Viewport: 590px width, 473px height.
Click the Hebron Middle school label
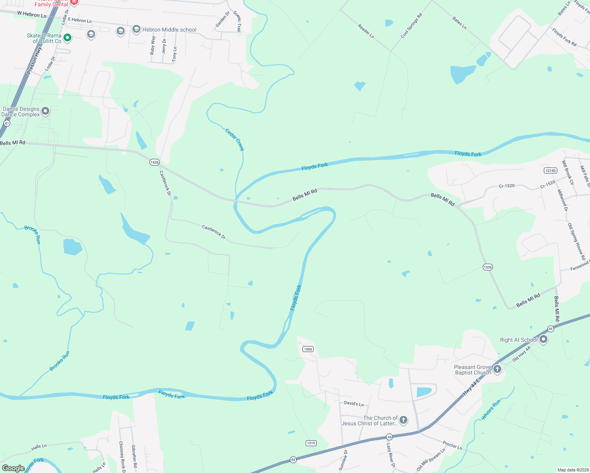coord(169,30)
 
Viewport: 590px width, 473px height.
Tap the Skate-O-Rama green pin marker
coord(67,38)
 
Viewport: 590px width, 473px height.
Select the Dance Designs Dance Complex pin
coord(45,111)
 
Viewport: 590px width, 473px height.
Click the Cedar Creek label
coord(235,140)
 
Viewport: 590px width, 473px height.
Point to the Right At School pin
coord(543,339)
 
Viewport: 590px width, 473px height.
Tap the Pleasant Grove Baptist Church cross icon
coord(497,369)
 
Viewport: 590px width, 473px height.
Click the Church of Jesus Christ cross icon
coord(403,420)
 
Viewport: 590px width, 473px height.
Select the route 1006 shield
coord(308,349)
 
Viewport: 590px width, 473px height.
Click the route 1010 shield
coord(311,443)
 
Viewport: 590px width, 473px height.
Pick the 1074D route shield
coord(550,170)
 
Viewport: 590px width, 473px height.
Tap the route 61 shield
coord(7,123)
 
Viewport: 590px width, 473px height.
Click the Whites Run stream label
coord(491,410)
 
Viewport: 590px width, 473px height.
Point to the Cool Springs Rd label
coord(411,26)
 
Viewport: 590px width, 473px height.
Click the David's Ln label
coord(354,404)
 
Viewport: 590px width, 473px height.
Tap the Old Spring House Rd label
coord(577,241)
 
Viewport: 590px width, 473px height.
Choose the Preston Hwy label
coord(34,61)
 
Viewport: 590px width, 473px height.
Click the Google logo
coord(13,468)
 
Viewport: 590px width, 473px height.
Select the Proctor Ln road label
coord(452,445)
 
